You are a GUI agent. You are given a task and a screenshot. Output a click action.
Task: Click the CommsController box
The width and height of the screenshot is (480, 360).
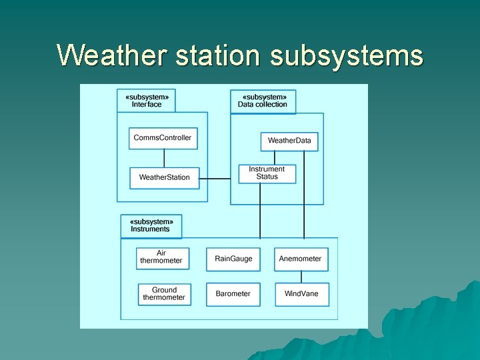click(x=163, y=138)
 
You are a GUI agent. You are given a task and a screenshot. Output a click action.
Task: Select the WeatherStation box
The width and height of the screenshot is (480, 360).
click(x=164, y=177)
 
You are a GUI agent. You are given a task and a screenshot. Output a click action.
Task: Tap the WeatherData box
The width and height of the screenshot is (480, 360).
click(x=289, y=141)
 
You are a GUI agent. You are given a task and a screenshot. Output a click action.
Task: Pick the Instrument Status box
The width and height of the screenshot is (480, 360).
click(x=267, y=173)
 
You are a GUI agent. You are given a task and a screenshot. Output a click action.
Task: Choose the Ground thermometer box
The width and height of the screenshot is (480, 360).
click(x=164, y=294)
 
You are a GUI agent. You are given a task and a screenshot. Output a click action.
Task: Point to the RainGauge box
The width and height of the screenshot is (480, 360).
click(x=233, y=259)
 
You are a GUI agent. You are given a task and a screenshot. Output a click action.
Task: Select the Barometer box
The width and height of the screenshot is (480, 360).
click(x=233, y=294)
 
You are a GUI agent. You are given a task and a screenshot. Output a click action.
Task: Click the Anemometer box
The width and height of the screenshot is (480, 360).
click(x=301, y=259)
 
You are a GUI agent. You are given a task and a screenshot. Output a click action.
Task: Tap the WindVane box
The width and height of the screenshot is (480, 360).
click(x=301, y=294)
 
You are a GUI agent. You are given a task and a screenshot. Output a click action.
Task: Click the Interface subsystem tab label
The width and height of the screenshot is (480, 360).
click(x=146, y=100)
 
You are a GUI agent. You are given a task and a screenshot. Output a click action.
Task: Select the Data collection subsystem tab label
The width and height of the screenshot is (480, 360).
click(x=263, y=101)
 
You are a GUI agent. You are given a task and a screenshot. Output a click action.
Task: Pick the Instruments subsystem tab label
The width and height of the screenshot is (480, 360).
click(x=151, y=225)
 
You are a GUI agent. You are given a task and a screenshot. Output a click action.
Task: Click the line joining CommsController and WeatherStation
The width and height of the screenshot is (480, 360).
click(x=164, y=158)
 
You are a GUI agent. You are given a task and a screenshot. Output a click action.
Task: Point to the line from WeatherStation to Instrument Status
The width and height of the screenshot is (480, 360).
click(x=219, y=179)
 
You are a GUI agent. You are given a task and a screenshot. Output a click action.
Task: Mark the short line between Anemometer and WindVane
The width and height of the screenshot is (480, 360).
click(x=301, y=277)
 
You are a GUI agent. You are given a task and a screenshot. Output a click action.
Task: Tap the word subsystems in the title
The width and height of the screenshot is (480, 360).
click(x=346, y=55)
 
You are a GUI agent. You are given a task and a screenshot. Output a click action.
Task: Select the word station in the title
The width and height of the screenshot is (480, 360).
click(x=217, y=55)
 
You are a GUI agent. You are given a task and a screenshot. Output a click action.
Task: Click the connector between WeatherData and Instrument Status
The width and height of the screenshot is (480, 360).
click(x=275, y=157)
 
